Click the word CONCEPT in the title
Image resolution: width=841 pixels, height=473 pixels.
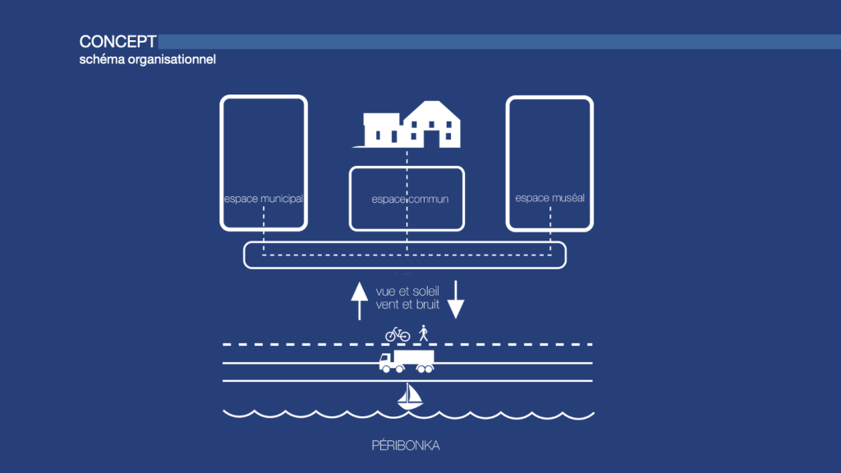coord(117,42)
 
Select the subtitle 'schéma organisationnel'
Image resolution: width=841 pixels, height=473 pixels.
coord(147,60)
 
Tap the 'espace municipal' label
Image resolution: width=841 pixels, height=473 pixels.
coord(264,199)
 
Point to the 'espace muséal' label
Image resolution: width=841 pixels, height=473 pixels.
coord(549,198)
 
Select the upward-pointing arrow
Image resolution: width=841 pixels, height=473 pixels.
coord(358,301)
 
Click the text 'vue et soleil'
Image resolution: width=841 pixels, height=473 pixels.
coord(407,291)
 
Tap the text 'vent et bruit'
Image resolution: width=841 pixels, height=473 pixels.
coord(407,304)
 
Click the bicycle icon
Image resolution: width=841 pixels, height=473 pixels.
coord(398,334)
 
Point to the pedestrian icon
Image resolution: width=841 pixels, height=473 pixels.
coord(424,333)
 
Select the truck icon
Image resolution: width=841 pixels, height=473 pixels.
coord(407,361)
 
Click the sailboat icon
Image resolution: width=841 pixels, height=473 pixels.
coord(410,397)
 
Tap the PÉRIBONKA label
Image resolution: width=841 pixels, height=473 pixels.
coord(406,446)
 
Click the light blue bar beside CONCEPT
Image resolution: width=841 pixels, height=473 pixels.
coord(493,42)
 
